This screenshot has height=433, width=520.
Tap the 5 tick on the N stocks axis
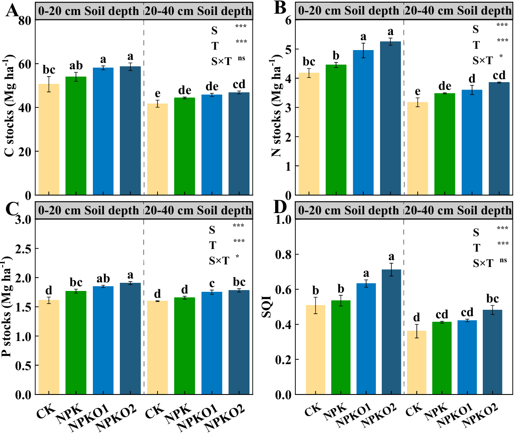click(x=288, y=49)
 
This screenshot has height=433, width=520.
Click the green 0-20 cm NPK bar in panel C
click(x=76, y=342)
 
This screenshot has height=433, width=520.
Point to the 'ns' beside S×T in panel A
click(x=242, y=59)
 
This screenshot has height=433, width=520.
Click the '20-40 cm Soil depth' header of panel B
click(x=458, y=11)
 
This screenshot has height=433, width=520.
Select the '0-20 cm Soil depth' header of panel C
click(x=89, y=211)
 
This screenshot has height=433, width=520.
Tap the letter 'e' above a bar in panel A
click(x=157, y=94)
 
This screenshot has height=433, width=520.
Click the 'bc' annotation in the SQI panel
click(x=493, y=299)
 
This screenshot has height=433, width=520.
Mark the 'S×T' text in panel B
click(x=483, y=61)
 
